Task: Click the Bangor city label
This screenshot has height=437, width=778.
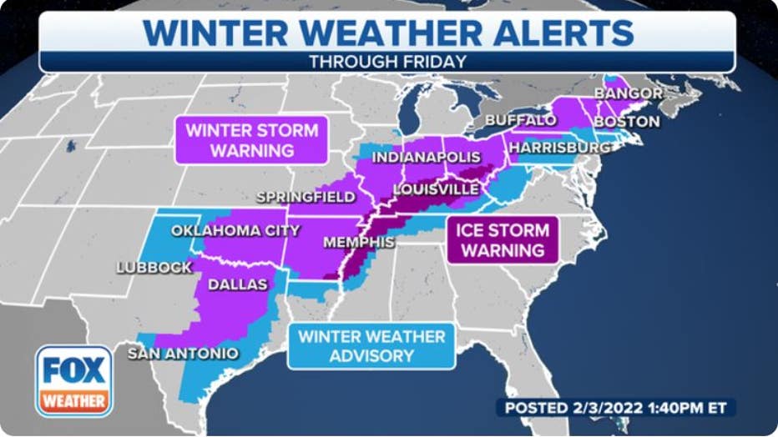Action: pyautogui.click(x=629, y=93)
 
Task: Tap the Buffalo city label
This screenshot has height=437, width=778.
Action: pyautogui.click(x=520, y=120)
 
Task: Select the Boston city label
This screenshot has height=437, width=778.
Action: pyautogui.click(x=626, y=122)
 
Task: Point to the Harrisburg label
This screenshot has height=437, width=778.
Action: pyautogui.click(x=559, y=148)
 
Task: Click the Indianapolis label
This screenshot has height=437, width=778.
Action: pyautogui.click(x=426, y=157)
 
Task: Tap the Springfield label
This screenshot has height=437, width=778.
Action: pyautogui.click(x=306, y=197)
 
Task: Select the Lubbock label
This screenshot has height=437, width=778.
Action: pyautogui.click(x=154, y=267)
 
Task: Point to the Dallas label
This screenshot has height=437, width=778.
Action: pyautogui.click(x=237, y=284)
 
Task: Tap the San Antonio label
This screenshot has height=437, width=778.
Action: pyautogui.click(x=183, y=354)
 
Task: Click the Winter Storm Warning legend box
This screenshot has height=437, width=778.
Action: pyautogui.click(x=251, y=140)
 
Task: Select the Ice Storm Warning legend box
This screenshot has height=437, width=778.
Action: pyautogui.click(x=503, y=239)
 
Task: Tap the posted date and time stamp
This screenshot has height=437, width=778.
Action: pyautogui.click(x=616, y=408)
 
